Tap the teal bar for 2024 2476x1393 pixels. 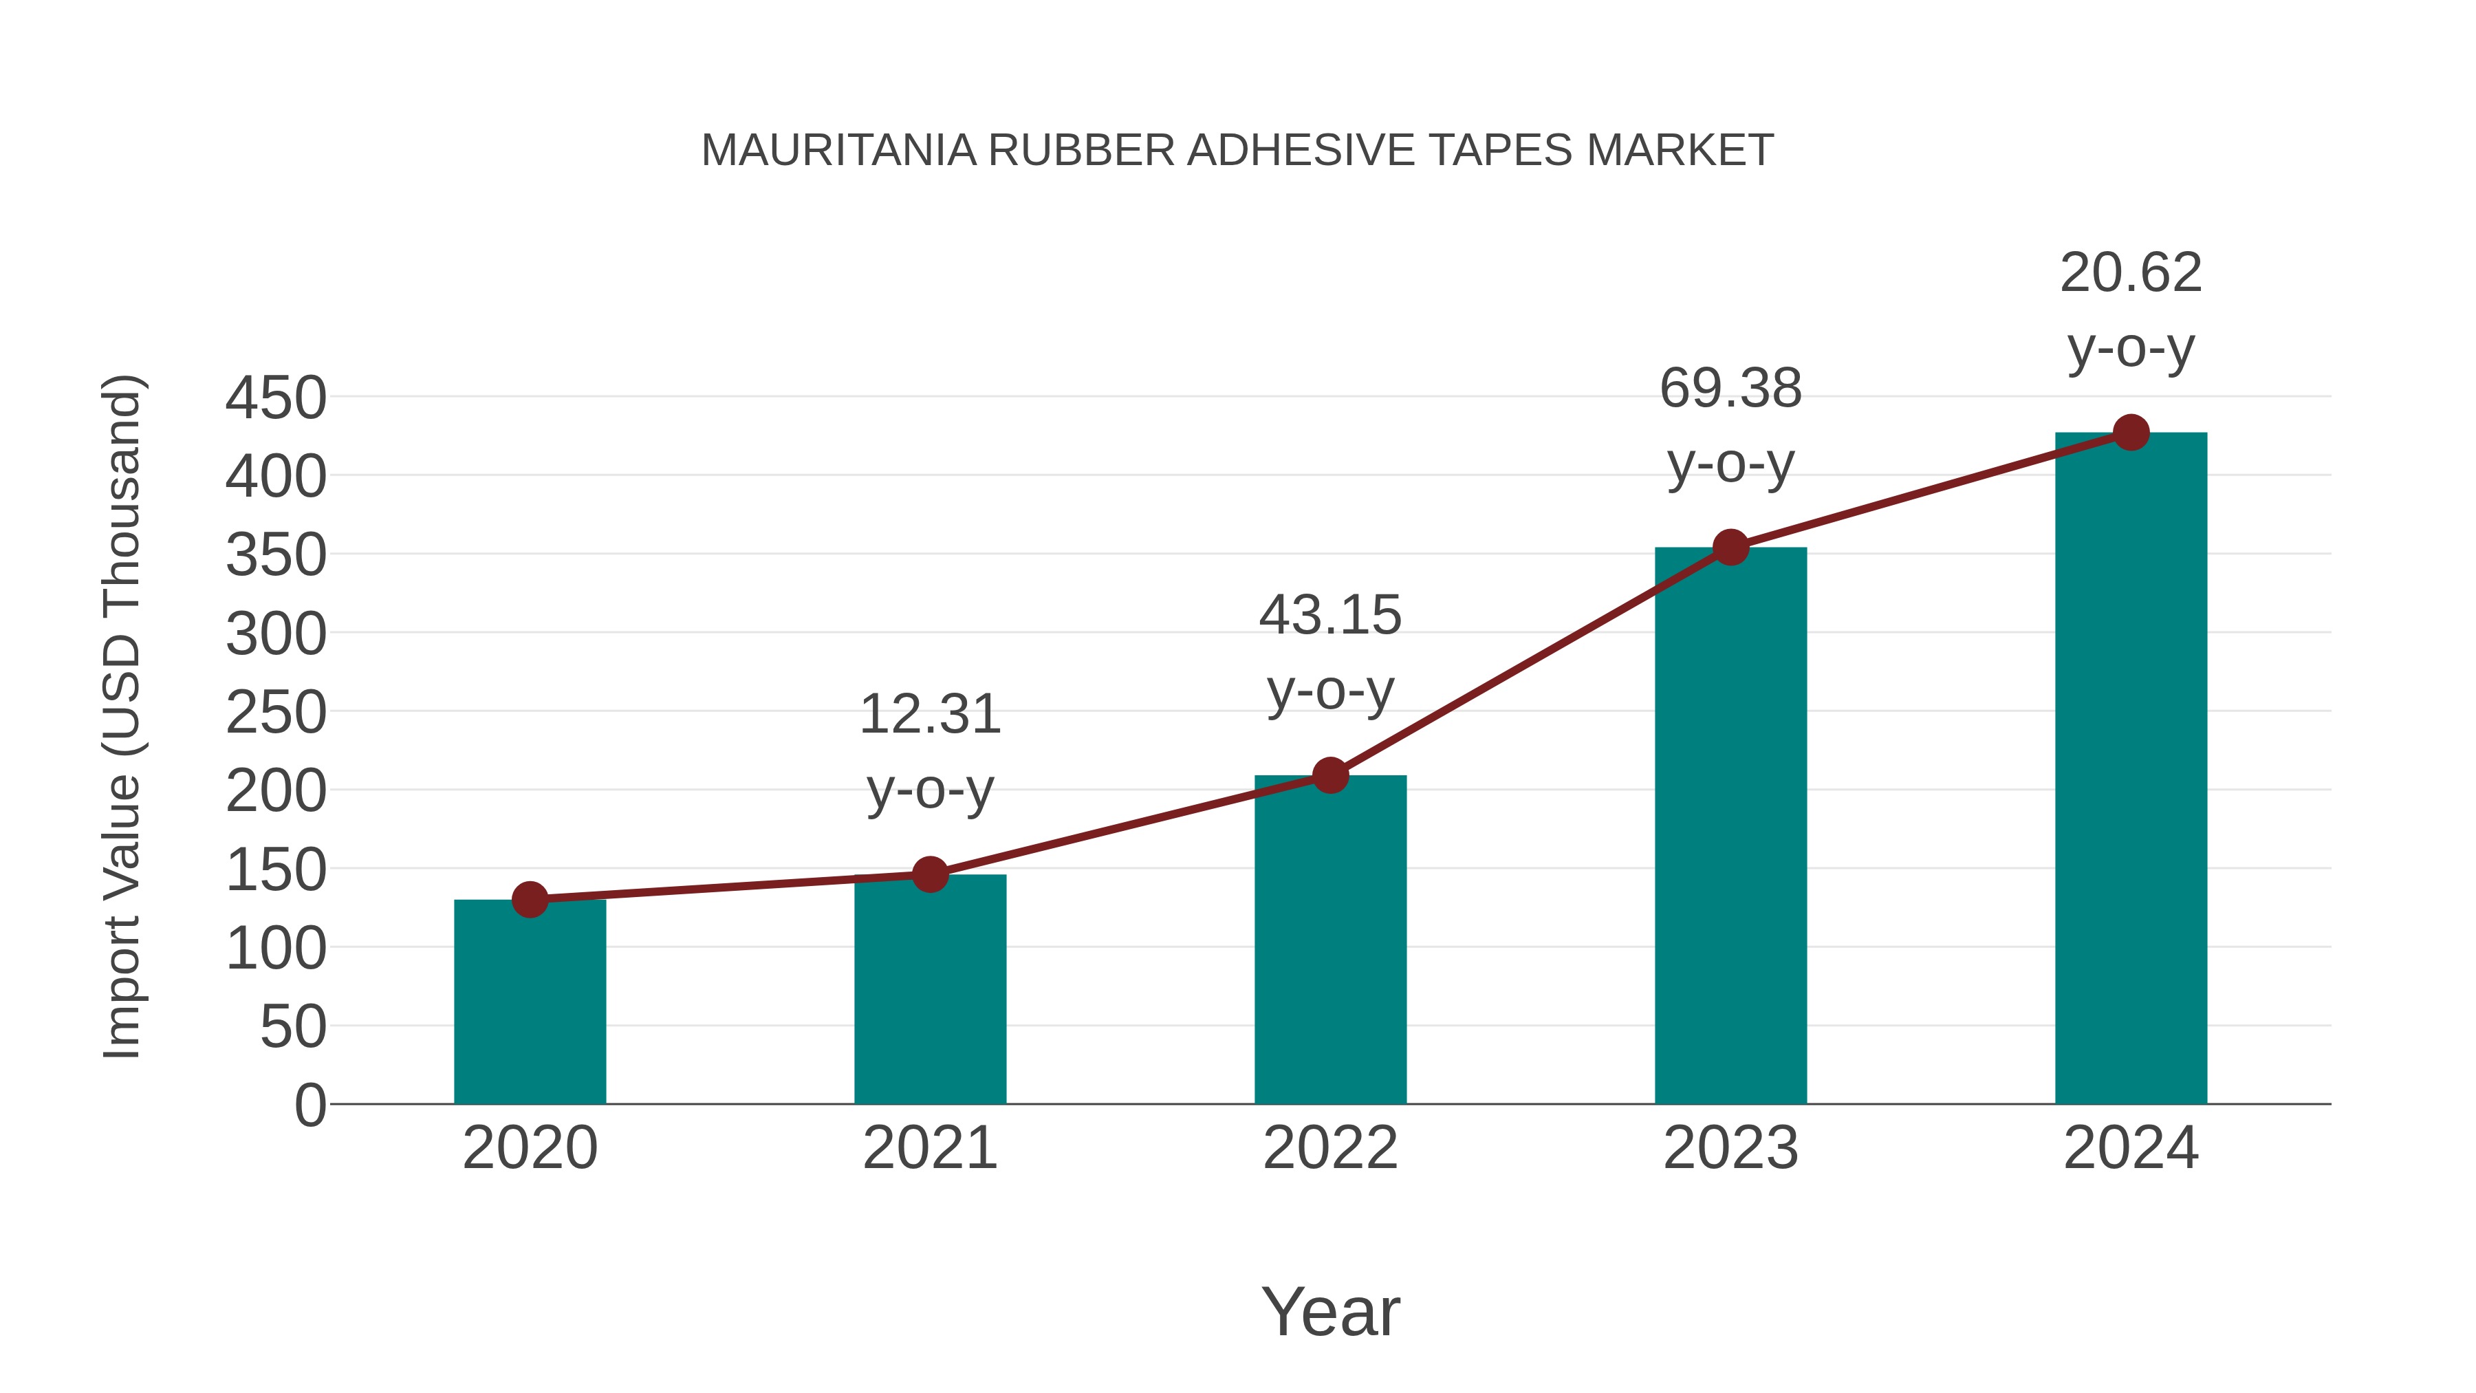[x=2131, y=768]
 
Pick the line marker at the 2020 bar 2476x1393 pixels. [x=530, y=900]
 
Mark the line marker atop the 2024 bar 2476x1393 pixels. [x=2131, y=433]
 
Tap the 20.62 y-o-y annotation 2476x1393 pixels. [x=2131, y=310]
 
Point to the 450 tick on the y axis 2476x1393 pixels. [x=276, y=398]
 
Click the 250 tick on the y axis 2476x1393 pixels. [x=276, y=713]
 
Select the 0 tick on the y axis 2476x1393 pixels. [x=309, y=1105]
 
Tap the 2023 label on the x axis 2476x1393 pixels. [x=1730, y=1148]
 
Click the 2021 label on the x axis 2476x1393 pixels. [x=929, y=1148]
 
